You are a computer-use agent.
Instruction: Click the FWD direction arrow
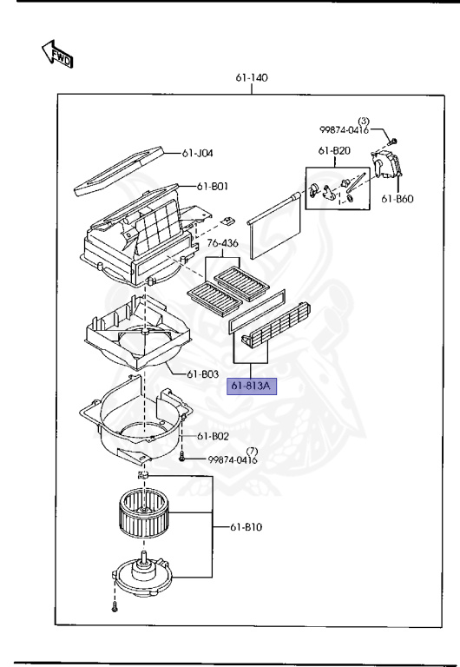coord(57,54)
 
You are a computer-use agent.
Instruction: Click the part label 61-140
coord(252,77)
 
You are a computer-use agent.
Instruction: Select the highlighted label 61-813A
coord(251,386)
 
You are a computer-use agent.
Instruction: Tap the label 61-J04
coord(197,153)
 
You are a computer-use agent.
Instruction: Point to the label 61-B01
coord(212,187)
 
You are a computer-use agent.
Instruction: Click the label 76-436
coord(222,243)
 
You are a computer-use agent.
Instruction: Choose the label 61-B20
coord(334,151)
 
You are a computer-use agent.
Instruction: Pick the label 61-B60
coord(398,199)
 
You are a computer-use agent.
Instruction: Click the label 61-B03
coord(203,374)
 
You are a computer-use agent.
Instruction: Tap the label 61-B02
coord(213,437)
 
